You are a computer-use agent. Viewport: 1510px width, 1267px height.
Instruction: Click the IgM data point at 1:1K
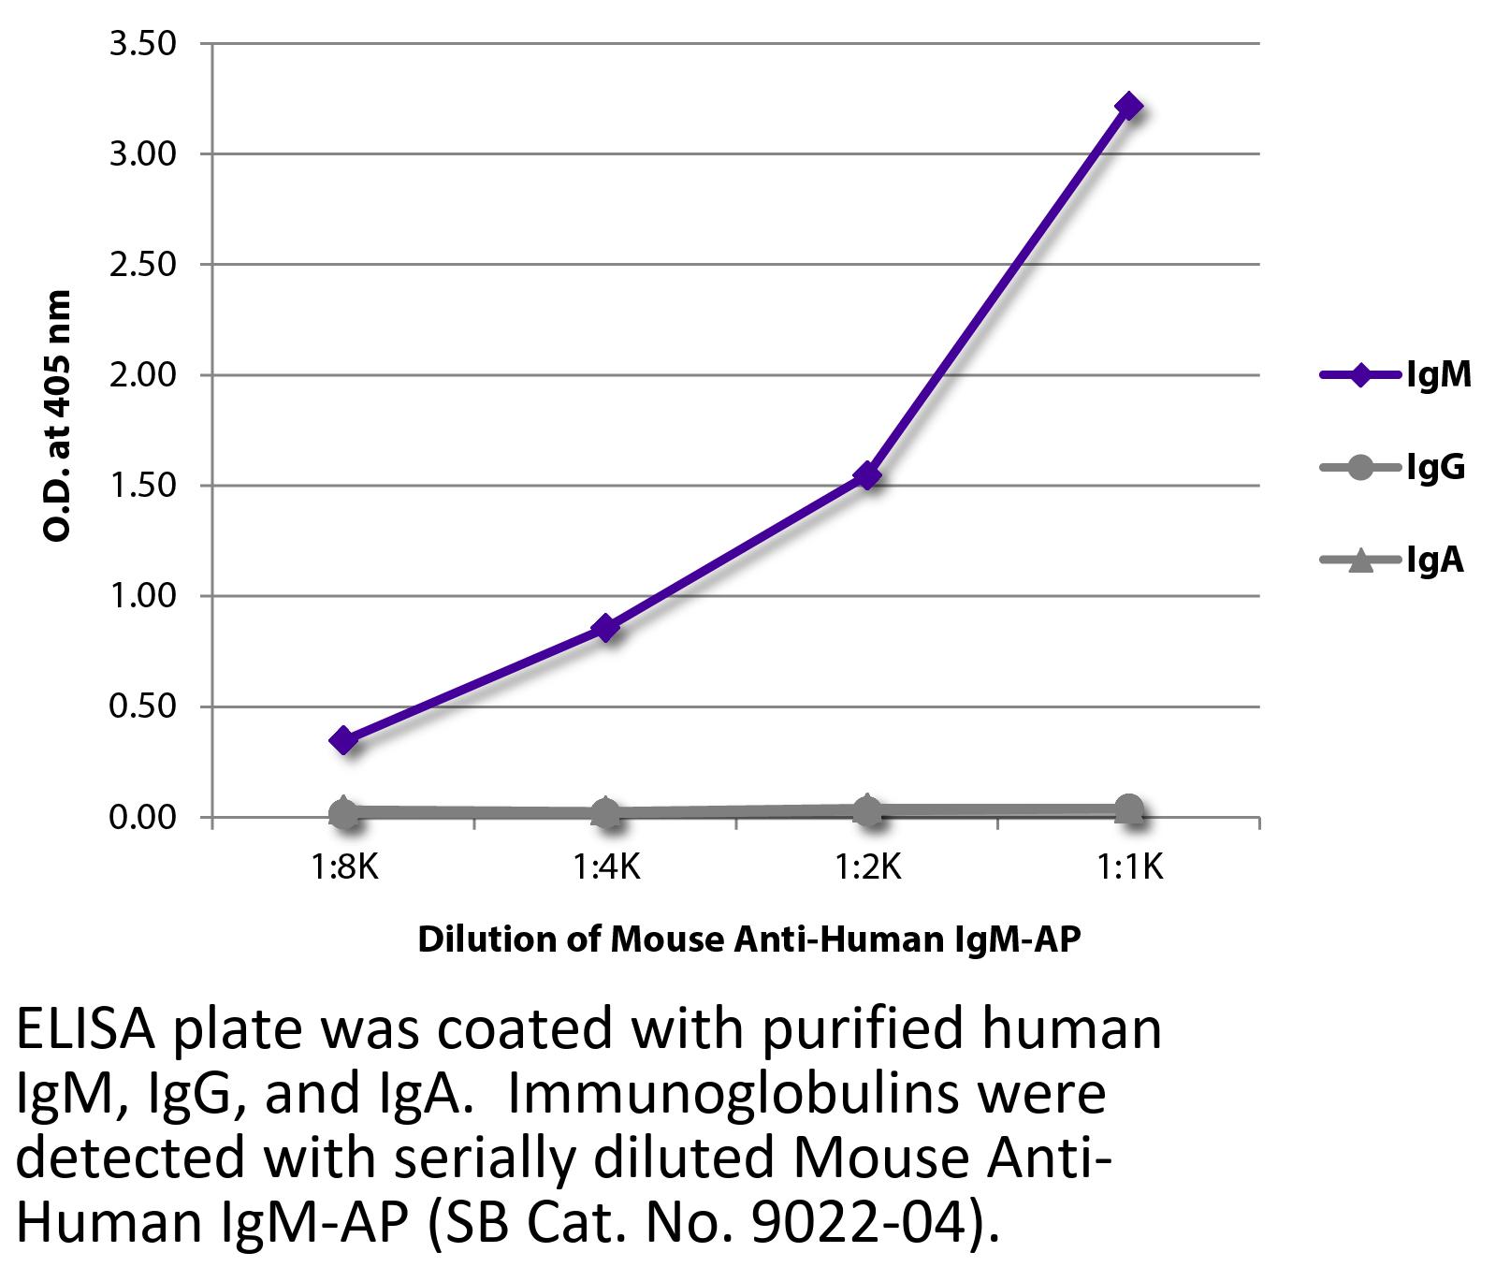1129,107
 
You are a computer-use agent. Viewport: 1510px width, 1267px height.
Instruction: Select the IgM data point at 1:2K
868,475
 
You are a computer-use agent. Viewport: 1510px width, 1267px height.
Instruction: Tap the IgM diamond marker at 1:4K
606,628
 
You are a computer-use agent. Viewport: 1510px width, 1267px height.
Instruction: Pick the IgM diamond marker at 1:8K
344,740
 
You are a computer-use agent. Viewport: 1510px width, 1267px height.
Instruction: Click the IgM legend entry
1439,375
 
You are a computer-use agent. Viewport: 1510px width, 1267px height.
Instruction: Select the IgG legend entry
1435,467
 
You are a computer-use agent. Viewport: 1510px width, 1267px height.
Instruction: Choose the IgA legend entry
1434,560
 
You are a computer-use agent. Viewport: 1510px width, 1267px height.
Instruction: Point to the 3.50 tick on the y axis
143,43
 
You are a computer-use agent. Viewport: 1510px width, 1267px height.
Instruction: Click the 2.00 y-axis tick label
143,375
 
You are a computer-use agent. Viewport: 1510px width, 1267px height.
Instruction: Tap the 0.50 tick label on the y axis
143,706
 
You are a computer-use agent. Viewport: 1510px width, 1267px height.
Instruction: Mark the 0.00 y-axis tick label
143,818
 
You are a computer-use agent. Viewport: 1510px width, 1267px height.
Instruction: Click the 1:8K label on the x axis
344,869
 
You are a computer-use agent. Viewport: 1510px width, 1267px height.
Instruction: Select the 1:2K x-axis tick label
868,869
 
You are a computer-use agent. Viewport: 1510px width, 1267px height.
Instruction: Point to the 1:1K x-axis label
1129,869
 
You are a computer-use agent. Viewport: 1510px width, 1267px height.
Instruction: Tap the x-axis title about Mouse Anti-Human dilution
748,939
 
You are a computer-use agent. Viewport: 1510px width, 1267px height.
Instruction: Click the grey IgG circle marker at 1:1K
1129,808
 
